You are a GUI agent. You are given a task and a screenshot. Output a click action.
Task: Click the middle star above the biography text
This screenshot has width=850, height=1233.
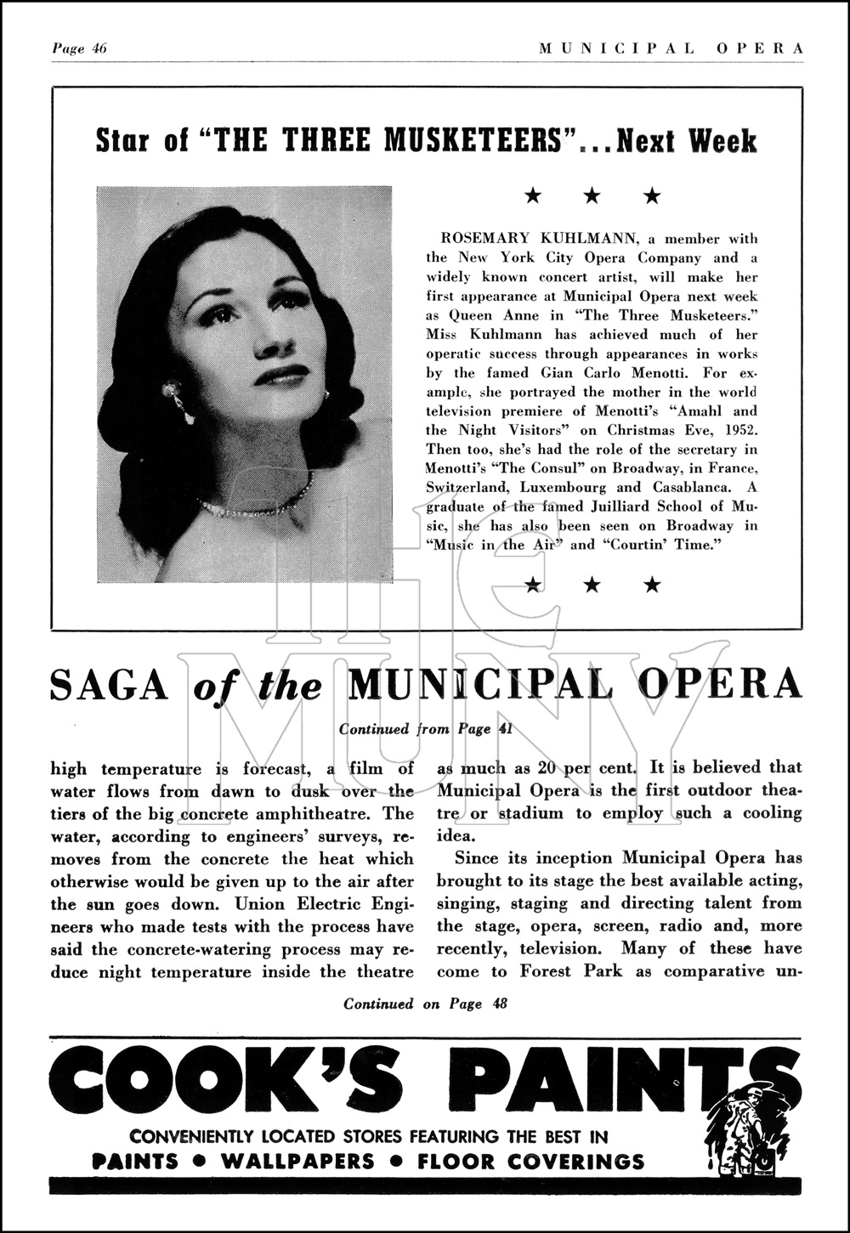(x=592, y=196)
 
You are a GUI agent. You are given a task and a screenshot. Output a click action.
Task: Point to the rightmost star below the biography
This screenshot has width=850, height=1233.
(x=652, y=584)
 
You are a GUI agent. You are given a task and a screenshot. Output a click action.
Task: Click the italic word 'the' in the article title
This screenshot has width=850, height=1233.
(x=290, y=686)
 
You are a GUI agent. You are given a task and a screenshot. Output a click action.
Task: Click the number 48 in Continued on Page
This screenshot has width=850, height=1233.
(x=499, y=1004)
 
